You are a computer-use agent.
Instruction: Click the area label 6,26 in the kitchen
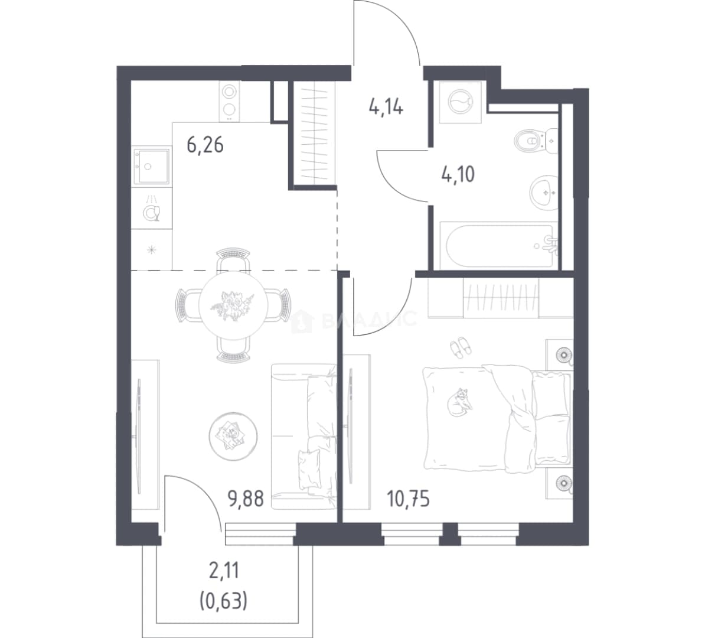[x=205, y=146]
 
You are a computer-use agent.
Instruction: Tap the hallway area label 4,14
[x=386, y=108]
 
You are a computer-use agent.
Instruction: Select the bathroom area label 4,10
[x=458, y=174]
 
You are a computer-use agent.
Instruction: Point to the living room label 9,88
[x=246, y=499]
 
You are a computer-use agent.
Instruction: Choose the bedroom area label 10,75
[x=408, y=499]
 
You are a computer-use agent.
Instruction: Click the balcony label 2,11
[x=223, y=571]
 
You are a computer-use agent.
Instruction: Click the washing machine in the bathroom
[x=460, y=102]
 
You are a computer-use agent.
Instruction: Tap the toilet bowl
[x=535, y=141]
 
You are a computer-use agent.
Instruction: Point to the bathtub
[x=498, y=246]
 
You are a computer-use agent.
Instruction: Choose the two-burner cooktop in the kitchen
[x=229, y=101]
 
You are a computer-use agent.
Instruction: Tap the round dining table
[x=233, y=305]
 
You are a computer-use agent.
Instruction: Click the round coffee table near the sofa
[x=233, y=436]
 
